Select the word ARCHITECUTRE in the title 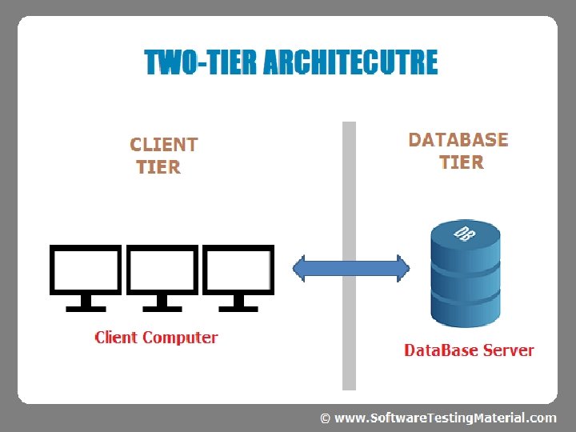point(351,62)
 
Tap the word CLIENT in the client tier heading point(164,145)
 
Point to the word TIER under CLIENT point(158,167)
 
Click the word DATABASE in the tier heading point(458,140)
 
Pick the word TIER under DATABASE point(462,162)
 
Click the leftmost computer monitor point(86,278)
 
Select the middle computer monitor point(162,278)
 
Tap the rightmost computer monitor point(238,278)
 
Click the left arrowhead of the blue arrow point(299,269)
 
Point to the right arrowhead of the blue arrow point(403,269)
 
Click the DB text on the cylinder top point(465,234)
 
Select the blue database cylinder point(466,274)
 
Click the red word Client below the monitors point(116,338)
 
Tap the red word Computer point(180,338)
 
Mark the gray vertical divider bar point(349,256)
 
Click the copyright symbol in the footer point(325,418)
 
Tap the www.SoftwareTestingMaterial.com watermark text point(446,418)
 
